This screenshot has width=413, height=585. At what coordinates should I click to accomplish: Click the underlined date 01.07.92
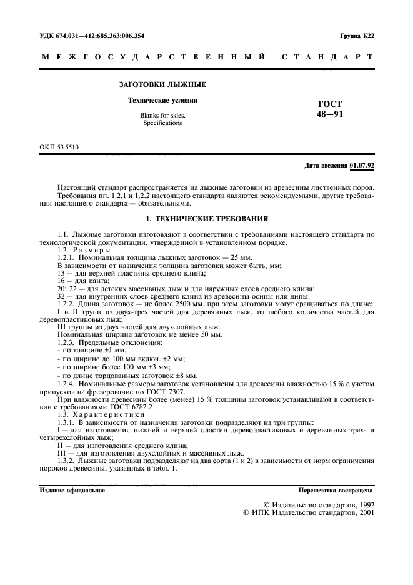(x=362, y=166)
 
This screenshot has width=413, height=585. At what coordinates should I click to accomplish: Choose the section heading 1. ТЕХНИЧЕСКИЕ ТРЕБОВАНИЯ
(x=206, y=219)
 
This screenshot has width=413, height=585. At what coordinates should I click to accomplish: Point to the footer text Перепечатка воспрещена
(x=336, y=491)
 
